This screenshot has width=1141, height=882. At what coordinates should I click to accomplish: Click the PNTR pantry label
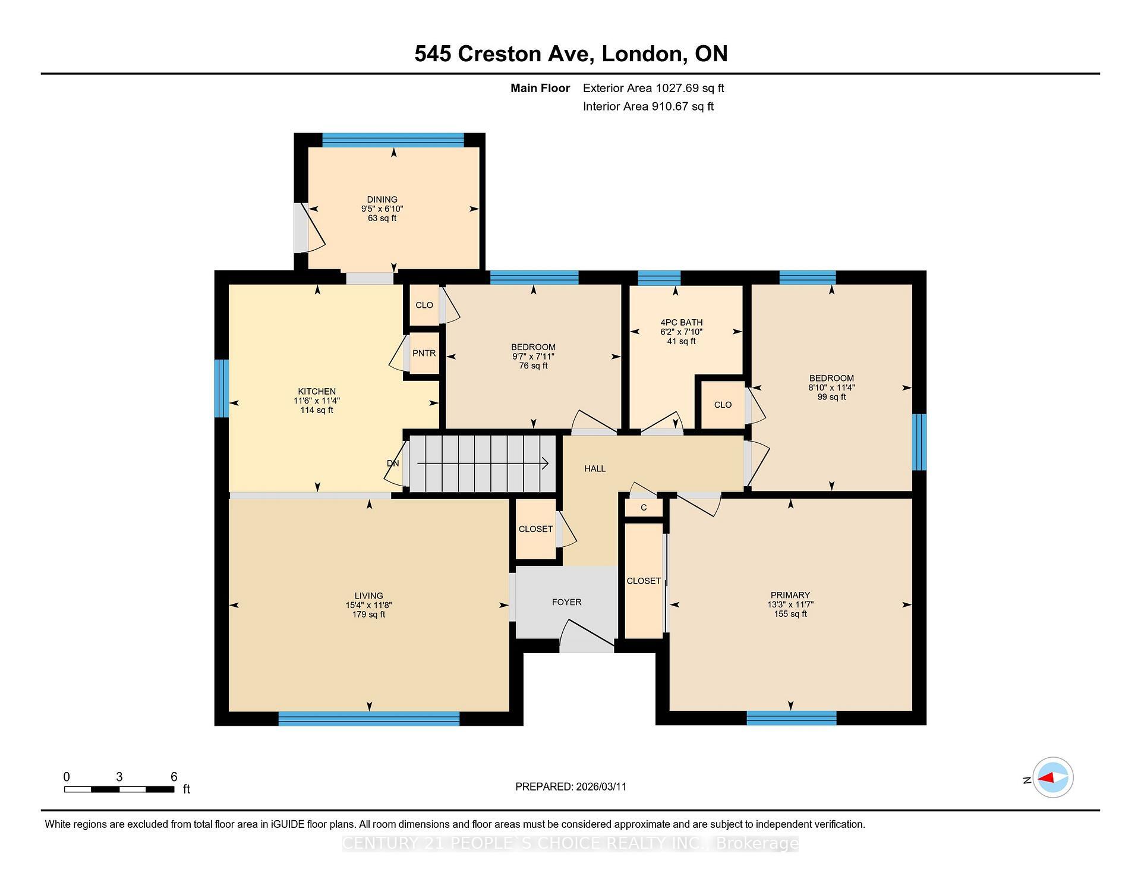coord(424,353)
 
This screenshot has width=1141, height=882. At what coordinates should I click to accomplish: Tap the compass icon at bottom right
coord(1052,777)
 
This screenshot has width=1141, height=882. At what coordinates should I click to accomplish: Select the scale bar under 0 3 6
coord(119,789)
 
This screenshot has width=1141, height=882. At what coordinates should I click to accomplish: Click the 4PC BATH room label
coord(681,322)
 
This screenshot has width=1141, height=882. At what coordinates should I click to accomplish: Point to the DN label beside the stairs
coord(393,464)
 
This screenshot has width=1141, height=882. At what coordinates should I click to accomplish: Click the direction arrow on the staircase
coord(482,464)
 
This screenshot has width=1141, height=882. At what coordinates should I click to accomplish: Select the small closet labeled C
coord(644,508)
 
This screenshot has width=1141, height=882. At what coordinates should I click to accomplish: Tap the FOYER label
coord(566,602)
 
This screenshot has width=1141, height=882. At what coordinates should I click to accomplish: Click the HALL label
coord(594,468)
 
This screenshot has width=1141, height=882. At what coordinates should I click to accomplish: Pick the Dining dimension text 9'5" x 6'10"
coord(382,209)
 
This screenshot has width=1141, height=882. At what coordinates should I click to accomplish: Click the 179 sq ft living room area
coord(368,615)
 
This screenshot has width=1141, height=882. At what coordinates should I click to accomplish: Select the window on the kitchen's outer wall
coord(222,388)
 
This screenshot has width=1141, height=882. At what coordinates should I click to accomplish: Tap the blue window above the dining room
coord(393,140)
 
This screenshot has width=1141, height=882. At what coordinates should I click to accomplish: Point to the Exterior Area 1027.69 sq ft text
coord(653,88)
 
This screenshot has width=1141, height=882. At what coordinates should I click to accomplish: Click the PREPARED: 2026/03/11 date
coord(570,786)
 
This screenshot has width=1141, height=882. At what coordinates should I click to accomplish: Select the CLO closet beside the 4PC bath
coord(723,405)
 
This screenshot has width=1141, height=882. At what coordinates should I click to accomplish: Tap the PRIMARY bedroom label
coord(790,595)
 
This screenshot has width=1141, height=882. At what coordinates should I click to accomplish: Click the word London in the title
coord(641,53)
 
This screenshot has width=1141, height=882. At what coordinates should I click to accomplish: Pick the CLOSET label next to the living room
coord(535,529)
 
